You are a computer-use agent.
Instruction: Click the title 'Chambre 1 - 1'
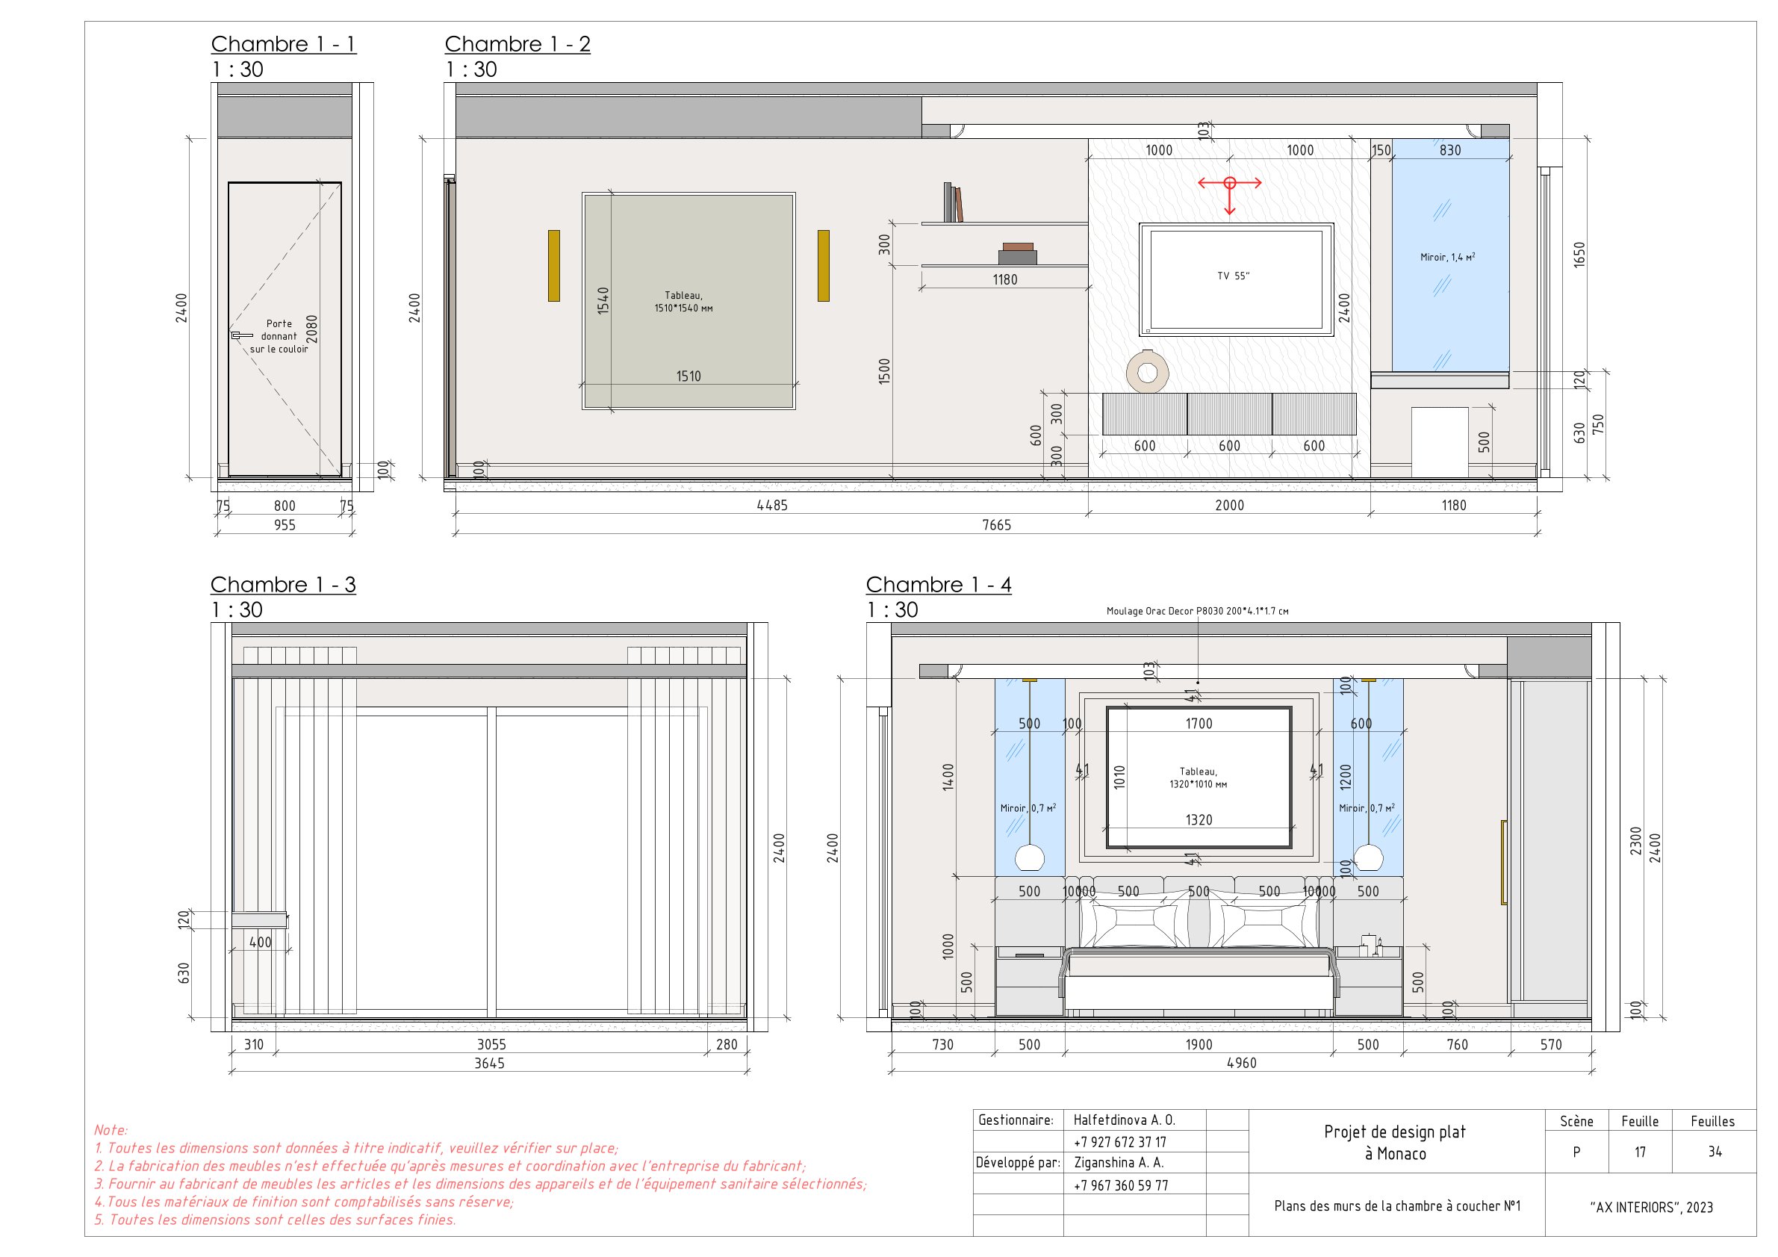click(x=284, y=44)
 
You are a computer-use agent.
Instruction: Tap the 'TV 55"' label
click(x=1233, y=276)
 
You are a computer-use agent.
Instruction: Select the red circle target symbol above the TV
click(x=1230, y=184)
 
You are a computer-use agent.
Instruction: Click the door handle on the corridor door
click(x=241, y=335)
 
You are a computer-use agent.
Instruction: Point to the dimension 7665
click(x=997, y=525)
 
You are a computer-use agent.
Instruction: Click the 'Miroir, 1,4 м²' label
click(x=1447, y=257)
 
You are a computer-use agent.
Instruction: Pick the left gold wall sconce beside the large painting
click(x=553, y=266)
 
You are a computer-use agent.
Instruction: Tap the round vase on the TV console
click(x=1147, y=373)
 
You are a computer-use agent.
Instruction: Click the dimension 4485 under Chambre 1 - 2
click(x=771, y=506)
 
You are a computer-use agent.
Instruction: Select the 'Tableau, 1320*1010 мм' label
click(x=1198, y=778)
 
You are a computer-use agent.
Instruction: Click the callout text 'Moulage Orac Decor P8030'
click(x=1197, y=611)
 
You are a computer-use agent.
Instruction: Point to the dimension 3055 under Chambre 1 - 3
click(x=491, y=1045)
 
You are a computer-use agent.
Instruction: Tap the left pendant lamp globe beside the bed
click(x=1030, y=857)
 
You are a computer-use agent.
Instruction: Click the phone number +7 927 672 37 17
click(x=1120, y=1143)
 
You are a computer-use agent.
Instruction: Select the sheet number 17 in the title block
click(x=1639, y=1152)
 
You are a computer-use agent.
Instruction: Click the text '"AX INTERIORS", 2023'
click(x=1651, y=1208)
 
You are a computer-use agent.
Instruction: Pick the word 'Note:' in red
click(x=111, y=1130)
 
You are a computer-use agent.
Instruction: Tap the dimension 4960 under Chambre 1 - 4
click(x=1241, y=1064)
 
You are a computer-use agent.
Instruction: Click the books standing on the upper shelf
click(x=953, y=203)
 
